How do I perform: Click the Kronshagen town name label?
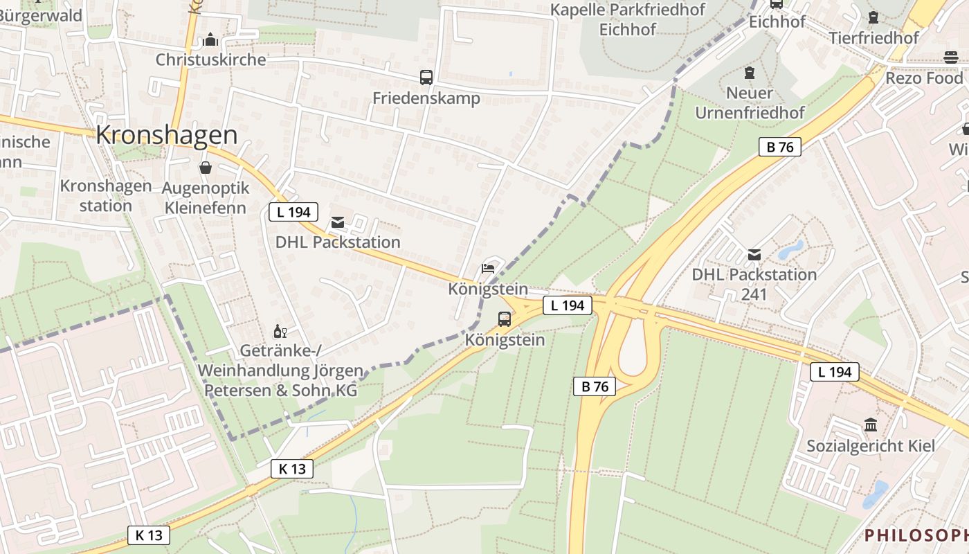[167, 135]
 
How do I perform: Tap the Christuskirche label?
[210, 60]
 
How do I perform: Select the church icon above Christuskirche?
[210, 40]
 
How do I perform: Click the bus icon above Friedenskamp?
[426, 78]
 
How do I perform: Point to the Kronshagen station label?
[105, 196]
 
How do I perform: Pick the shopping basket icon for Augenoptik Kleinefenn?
[206, 168]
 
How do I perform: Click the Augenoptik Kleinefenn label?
[204, 197]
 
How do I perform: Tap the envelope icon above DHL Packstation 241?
[754, 255]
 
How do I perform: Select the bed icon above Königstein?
[488, 269]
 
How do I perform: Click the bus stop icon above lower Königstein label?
[505, 319]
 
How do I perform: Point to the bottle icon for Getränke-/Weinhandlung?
[280, 332]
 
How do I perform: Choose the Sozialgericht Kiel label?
[871, 446]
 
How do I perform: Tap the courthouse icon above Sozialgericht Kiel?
[871, 425]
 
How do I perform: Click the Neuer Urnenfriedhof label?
[750, 102]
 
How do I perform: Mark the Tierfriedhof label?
[873, 37]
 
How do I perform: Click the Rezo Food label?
[924, 78]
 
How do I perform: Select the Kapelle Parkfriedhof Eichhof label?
[628, 19]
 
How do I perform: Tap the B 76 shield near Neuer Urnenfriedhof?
[779, 147]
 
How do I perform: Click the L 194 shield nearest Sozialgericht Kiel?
[835, 372]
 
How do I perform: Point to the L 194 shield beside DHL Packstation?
[293, 212]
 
